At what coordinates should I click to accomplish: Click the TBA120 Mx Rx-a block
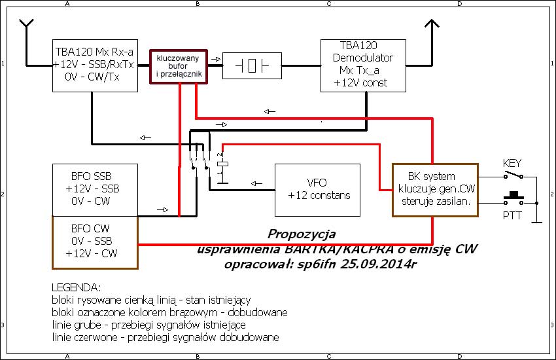click(x=96, y=66)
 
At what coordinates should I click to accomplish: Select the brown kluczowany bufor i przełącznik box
click(x=179, y=66)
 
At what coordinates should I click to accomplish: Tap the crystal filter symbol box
click(x=251, y=65)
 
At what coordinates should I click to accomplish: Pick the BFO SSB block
click(x=95, y=189)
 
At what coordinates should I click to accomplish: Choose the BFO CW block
click(x=95, y=242)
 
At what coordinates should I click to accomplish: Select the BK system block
click(x=435, y=189)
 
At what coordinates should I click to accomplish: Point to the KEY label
click(x=512, y=162)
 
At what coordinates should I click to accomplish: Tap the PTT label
click(x=512, y=215)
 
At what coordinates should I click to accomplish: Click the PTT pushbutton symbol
click(x=514, y=197)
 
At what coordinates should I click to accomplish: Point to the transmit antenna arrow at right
click(x=431, y=26)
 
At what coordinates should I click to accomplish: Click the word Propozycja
click(x=302, y=234)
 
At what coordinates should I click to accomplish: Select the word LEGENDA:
click(x=76, y=288)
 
